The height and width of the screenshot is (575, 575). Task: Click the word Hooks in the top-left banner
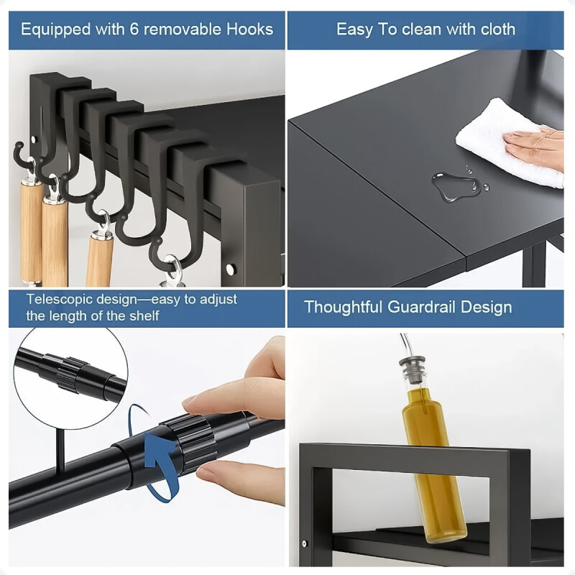[x=249, y=29]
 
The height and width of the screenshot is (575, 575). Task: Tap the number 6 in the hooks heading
[x=134, y=29]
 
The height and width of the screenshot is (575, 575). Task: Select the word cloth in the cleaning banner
[x=497, y=29]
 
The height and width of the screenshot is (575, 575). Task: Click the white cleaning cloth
[x=509, y=142]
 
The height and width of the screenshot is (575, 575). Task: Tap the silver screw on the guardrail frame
[x=304, y=543]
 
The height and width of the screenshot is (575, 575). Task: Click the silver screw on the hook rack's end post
[x=230, y=269]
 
